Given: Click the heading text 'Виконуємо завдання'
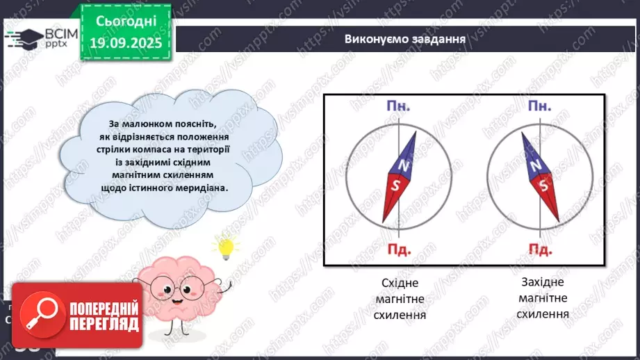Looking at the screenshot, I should (x=404, y=38).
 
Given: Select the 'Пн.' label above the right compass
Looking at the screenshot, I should (x=540, y=107).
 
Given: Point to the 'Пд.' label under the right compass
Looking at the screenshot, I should (x=540, y=249).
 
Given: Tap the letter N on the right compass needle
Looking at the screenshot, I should (x=534, y=166).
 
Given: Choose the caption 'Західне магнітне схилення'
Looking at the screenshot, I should (x=543, y=299).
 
